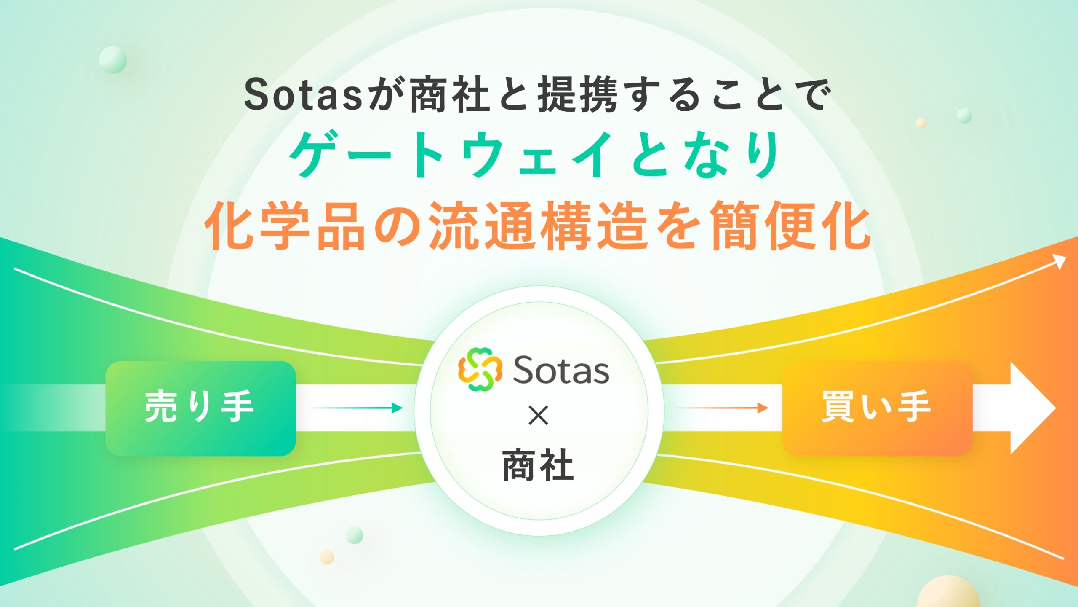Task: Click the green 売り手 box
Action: (x=200, y=408)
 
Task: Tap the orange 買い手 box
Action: (x=877, y=408)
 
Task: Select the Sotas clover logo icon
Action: (x=480, y=369)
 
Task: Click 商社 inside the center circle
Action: (x=538, y=465)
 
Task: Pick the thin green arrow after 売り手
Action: (x=355, y=408)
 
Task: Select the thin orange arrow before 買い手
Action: (x=721, y=408)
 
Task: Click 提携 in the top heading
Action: (x=578, y=95)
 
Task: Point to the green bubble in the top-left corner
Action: (x=113, y=60)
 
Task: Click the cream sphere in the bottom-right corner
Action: (x=947, y=592)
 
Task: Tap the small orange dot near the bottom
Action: (x=327, y=557)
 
